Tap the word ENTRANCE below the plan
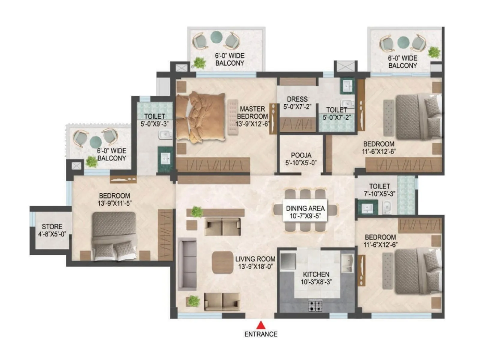point(261,334)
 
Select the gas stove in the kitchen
point(315,306)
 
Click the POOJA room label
point(301,155)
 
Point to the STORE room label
point(52,227)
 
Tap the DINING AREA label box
point(305,212)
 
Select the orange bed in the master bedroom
point(200,117)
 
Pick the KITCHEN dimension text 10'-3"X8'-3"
point(316,282)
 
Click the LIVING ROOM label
point(255,259)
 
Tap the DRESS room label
point(297,99)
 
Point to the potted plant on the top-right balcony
point(434,52)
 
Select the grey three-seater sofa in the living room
point(187,264)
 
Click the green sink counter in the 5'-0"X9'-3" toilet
point(165,158)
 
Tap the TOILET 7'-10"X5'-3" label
point(379,190)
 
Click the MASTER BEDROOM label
point(252,112)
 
